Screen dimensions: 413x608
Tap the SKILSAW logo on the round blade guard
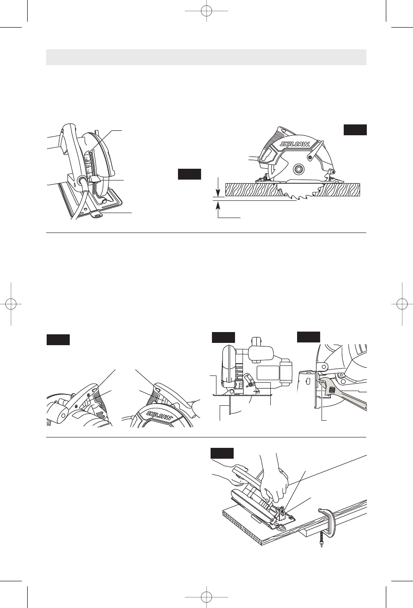[x=158, y=419]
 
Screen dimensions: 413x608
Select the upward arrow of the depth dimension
[x=218, y=207]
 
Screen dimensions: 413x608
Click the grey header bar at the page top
[x=206, y=57]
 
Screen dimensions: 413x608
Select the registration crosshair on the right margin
[x=401, y=304]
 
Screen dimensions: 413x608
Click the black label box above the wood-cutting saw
[x=355, y=129]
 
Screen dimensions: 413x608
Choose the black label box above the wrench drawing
[x=308, y=337]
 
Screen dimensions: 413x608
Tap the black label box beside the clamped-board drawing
[x=222, y=453]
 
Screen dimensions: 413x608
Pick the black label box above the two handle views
[x=58, y=340]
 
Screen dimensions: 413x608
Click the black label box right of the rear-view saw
[x=189, y=174]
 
